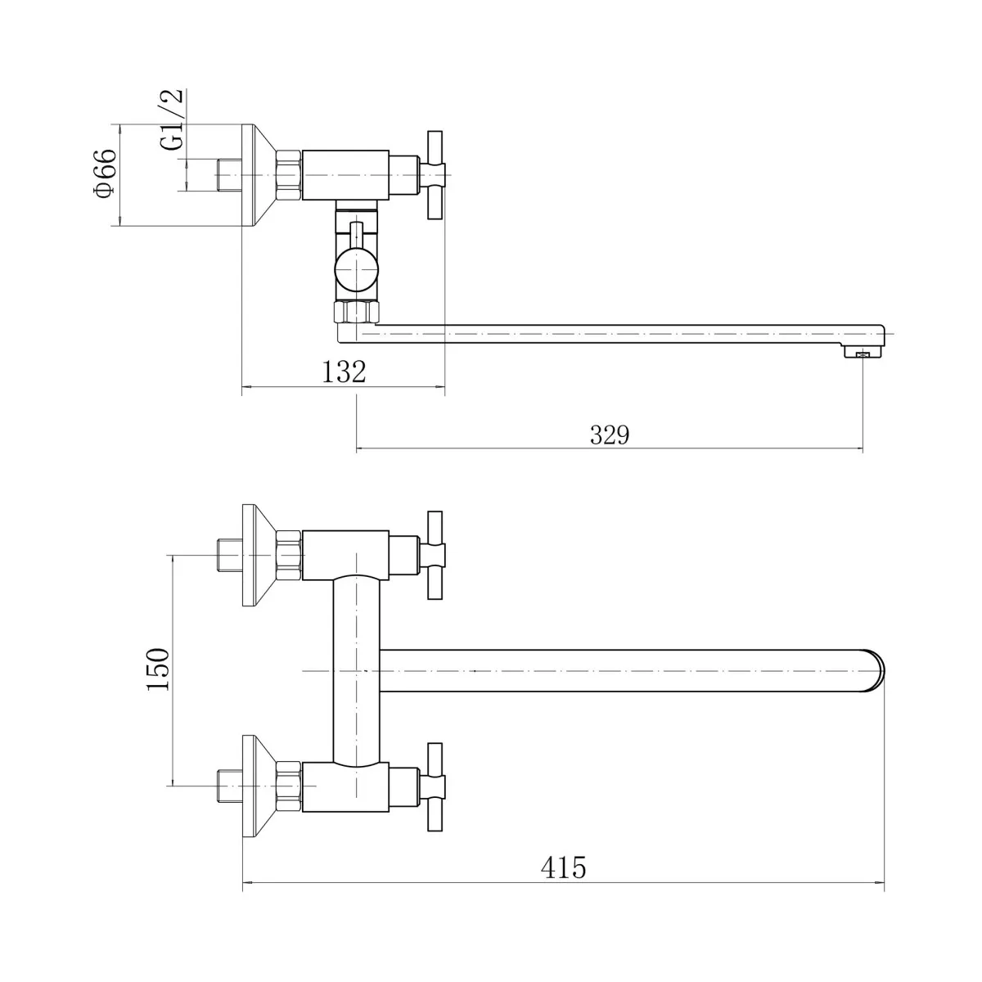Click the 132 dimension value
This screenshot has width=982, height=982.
click(x=344, y=372)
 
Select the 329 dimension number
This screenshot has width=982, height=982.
click(x=610, y=435)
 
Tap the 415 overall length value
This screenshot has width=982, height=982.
click(x=563, y=867)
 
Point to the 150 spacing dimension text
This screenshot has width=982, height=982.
click(x=157, y=669)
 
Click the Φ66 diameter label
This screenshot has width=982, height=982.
click(x=105, y=173)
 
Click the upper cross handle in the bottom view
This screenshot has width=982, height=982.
click(x=433, y=555)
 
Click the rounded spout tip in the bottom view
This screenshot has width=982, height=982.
click(x=876, y=671)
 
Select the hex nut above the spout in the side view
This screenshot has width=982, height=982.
click(x=356, y=311)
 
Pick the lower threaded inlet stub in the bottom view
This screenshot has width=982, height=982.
click(x=229, y=786)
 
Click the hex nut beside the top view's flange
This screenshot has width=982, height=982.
click(x=289, y=175)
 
